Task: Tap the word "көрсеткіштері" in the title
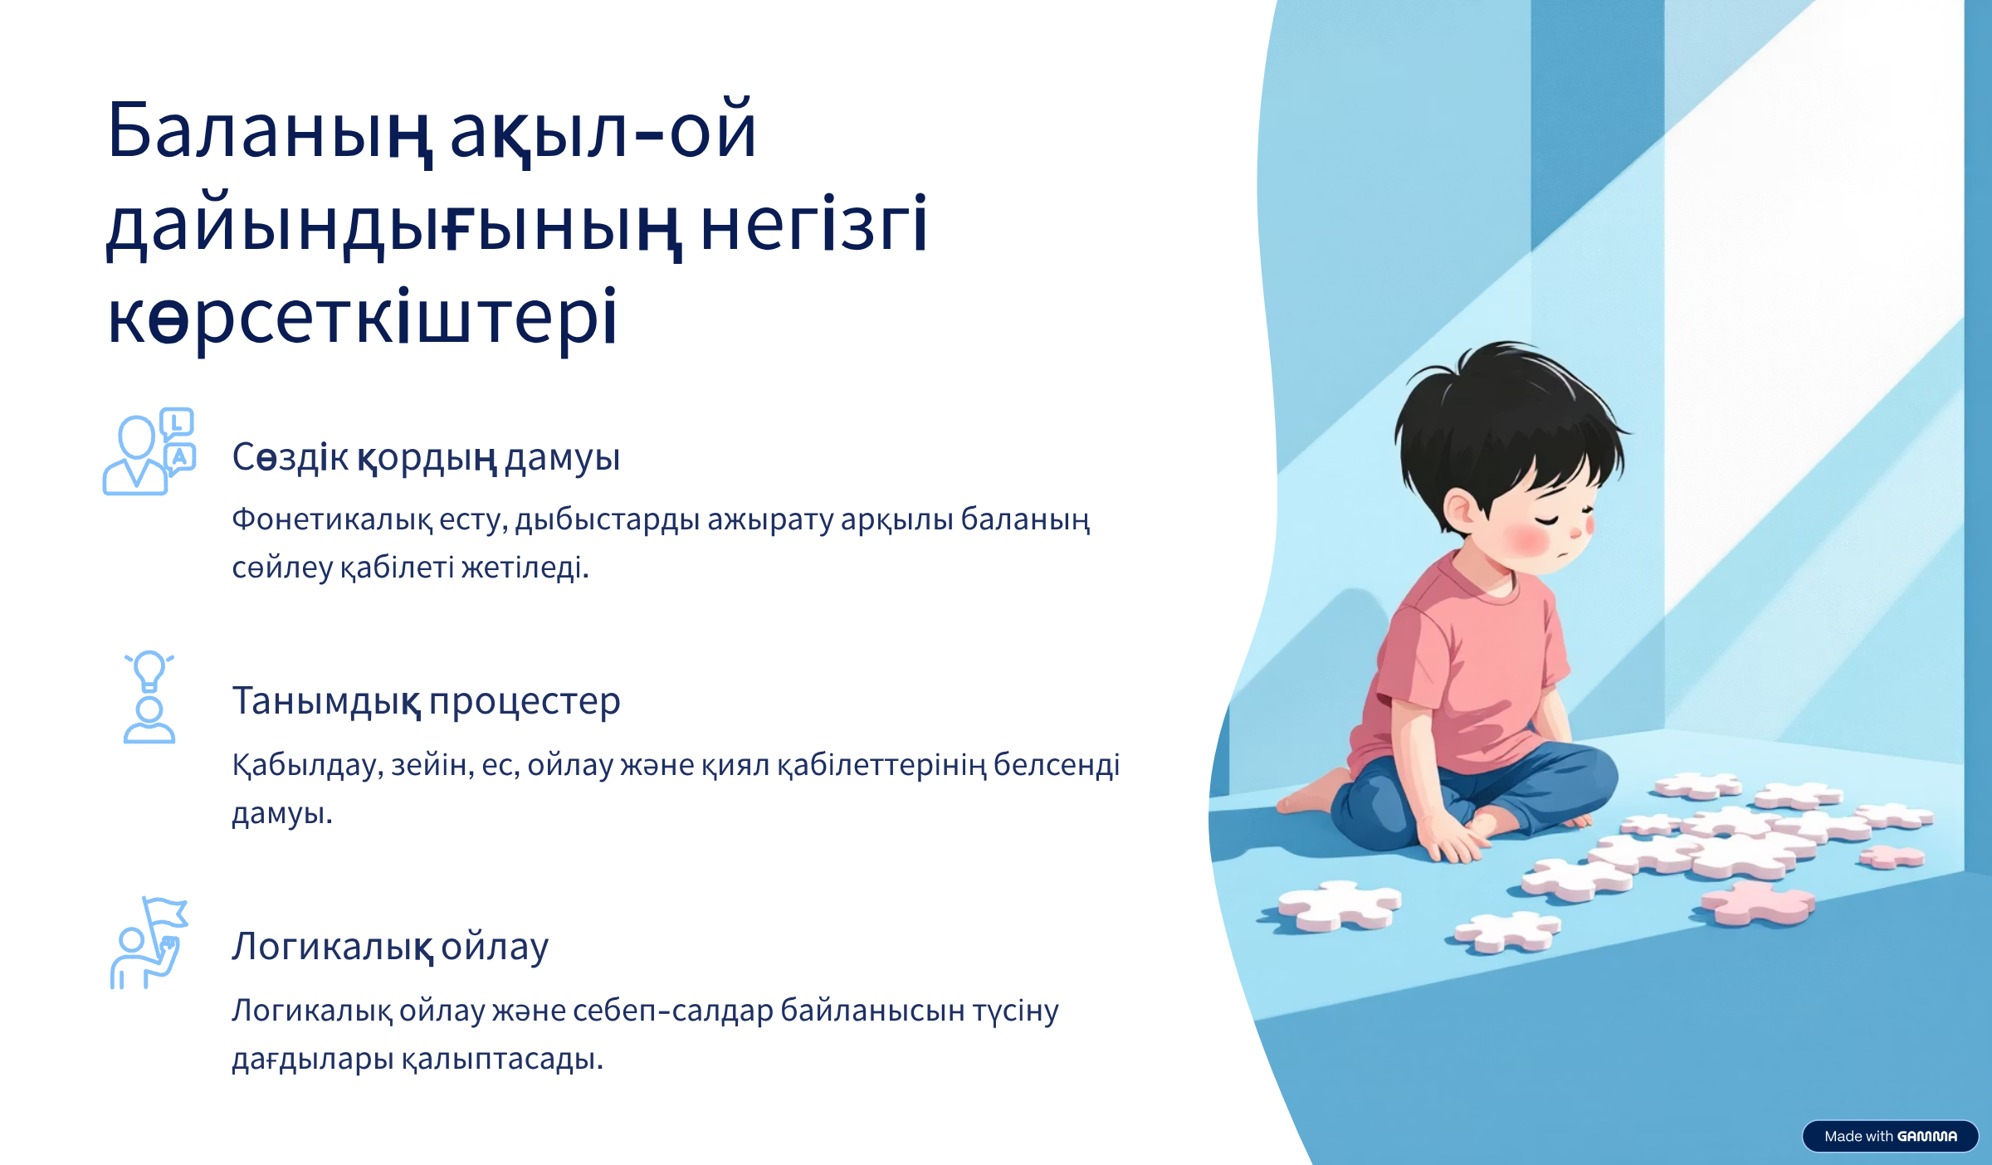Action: (x=363, y=319)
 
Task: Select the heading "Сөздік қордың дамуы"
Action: (x=426, y=457)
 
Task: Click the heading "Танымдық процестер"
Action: (x=426, y=702)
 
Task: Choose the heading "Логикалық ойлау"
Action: (x=390, y=947)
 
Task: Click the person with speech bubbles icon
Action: (x=149, y=452)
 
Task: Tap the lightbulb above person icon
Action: (x=149, y=697)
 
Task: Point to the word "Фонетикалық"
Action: (x=332, y=520)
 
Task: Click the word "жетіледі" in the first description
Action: (x=525, y=568)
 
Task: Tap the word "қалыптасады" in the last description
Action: (x=502, y=1060)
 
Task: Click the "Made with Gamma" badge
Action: (x=1890, y=1136)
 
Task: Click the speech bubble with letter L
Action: (x=177, y=424)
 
